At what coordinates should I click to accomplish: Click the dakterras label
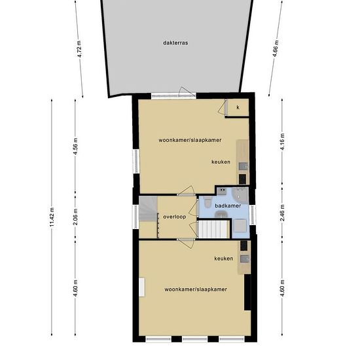click(176, 43)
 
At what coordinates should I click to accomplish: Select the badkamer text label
click(228, 206)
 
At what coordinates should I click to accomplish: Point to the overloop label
click(175, 216)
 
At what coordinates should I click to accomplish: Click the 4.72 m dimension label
click(79, 51)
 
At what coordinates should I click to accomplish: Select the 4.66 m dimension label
click(274, 51)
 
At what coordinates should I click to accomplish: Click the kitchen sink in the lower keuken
click(244, 259)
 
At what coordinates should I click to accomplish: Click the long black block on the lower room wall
click(247, 293)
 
